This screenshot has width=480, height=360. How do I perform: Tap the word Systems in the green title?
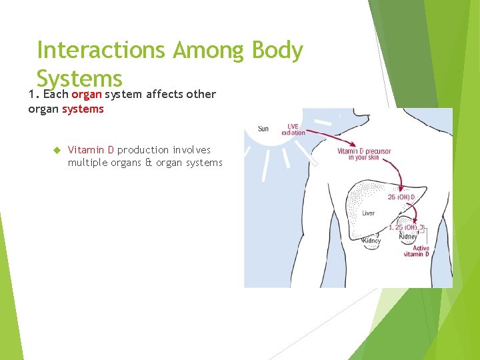(x=80, y=78)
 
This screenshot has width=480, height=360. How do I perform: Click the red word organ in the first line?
(x=86, y=94)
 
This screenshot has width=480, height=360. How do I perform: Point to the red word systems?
(x=83, y=109)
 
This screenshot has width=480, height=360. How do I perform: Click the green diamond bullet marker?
(x=57, y=149)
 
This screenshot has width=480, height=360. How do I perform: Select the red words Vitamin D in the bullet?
(x=91, y=149)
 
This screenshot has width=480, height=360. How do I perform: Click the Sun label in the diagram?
(x=263, y=129)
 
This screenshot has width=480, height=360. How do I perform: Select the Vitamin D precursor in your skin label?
(x=364, y=154)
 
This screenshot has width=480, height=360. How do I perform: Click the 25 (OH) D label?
(x=401, y=197)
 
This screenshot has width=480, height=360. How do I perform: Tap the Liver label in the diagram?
(x=368, y=213)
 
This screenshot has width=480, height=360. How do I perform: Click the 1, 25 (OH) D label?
(x=405, y=228)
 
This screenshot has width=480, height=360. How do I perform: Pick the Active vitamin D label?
(x=418, y=251)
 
